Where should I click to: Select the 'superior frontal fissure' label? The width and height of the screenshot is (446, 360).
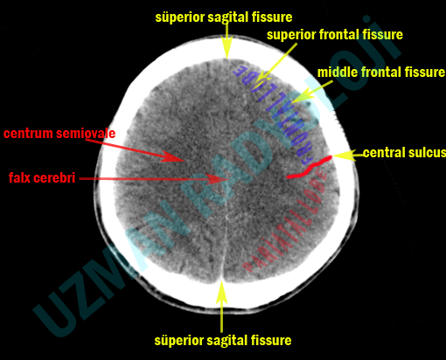(x=335, y=35)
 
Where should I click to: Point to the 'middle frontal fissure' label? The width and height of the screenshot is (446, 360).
(x=380, y=73)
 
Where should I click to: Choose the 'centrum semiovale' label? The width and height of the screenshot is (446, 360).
(x=59, y=134)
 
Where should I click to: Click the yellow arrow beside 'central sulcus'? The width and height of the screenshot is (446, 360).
(x=346, y=155)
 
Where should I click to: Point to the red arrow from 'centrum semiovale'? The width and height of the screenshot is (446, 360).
(x=141, y=148)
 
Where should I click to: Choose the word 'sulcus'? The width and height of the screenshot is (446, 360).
(x=426, y=153)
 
